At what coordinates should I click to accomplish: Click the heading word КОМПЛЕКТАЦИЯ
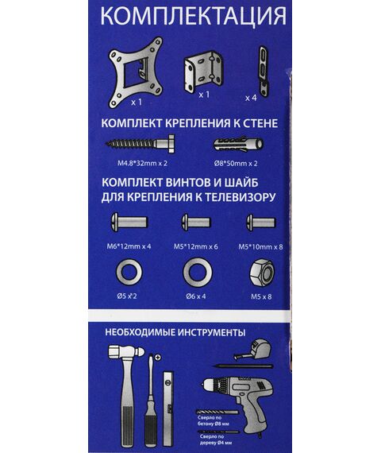tap(193, 16)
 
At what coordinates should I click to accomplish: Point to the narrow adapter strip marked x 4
tap(263, 71)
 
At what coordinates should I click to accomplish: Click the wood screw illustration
tap(140, 143)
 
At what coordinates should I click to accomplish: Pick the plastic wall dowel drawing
tap(238, 144)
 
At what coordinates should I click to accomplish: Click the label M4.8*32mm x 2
tap(142, 163)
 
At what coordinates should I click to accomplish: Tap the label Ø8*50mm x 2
tap(236, 164)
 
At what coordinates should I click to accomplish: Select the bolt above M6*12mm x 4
tap(129, 223)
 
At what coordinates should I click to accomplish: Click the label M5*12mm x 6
tap(196, 246)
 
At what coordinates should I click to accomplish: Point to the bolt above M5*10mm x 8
tap(261, 223)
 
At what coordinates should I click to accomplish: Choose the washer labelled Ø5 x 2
tap(129, 273)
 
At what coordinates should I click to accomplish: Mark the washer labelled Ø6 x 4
tap(198, 273)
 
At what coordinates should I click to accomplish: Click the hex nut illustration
tap(261, 273)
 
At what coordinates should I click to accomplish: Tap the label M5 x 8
tap(261, 296)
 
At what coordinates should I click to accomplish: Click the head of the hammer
tap(126, 352)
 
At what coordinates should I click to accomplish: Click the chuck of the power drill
tap(210, 385)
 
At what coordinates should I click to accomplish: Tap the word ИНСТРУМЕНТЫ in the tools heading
tap(211, 332)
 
